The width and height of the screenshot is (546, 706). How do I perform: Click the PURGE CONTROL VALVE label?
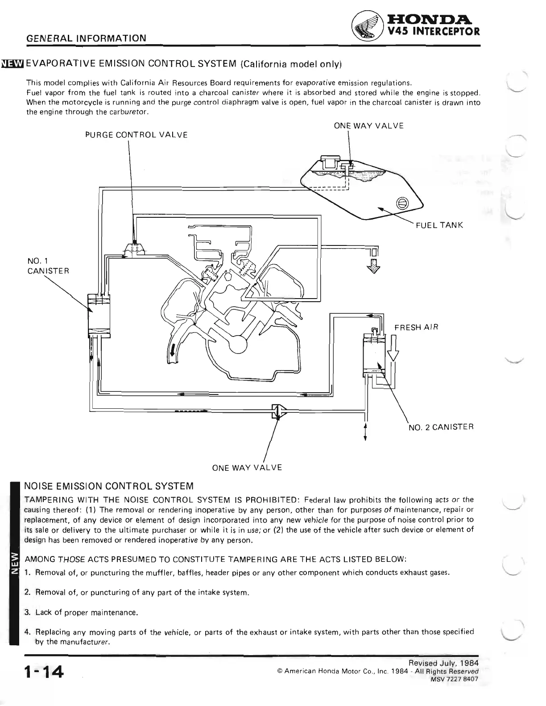[136, 135]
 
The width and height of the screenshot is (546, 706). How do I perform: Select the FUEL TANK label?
[439, 225]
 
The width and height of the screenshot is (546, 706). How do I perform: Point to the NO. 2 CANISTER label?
[441, 427]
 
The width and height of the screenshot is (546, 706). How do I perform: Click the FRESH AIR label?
[416, 328]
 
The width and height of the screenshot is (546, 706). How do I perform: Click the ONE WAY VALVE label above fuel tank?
[368, 126]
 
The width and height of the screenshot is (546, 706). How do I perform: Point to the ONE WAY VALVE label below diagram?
[247, 468]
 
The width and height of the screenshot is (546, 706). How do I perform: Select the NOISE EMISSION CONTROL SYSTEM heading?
[109, 486]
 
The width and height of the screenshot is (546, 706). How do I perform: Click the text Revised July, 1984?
[446, 663]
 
